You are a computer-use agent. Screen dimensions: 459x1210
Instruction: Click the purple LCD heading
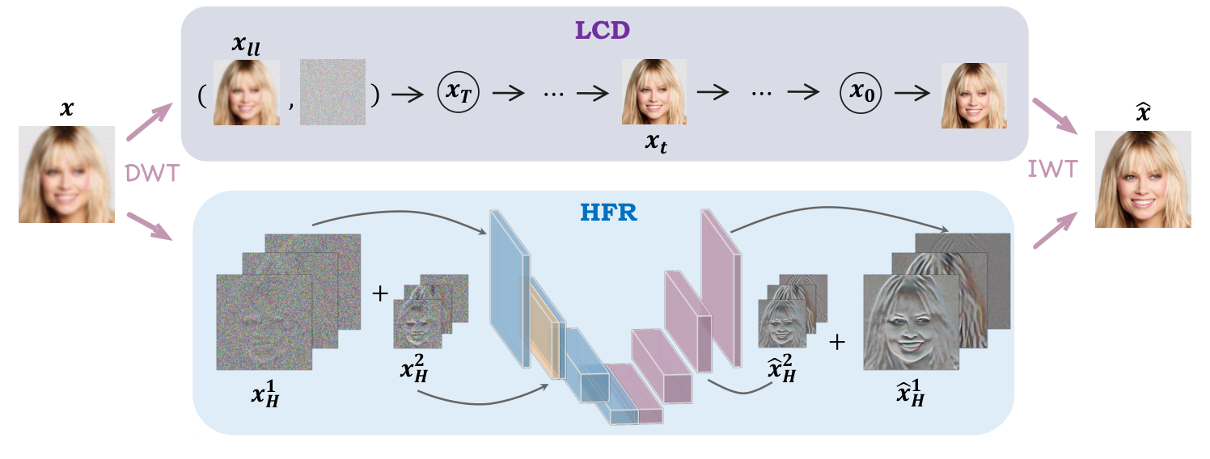click(x=603, y=30)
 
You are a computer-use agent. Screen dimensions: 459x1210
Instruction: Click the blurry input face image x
click(x=66, y=174)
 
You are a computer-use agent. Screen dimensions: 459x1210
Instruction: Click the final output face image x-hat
click(x=1143, y=179)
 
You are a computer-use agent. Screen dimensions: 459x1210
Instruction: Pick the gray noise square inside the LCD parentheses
click(x=332, y=92)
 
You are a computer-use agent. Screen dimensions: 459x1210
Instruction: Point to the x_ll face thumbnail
click(x=246, y=92)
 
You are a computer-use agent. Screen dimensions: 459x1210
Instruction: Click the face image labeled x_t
click(x=654, y=92)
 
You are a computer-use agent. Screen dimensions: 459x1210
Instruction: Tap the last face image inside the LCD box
click(x=974, y=95)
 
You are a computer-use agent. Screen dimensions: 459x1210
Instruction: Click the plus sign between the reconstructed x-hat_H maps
click(x=837, y=342)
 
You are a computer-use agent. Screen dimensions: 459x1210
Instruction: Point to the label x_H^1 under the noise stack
click(x=264, y=396)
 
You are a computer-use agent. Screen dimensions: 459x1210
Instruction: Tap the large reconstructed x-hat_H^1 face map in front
click(x=911, y=322)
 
